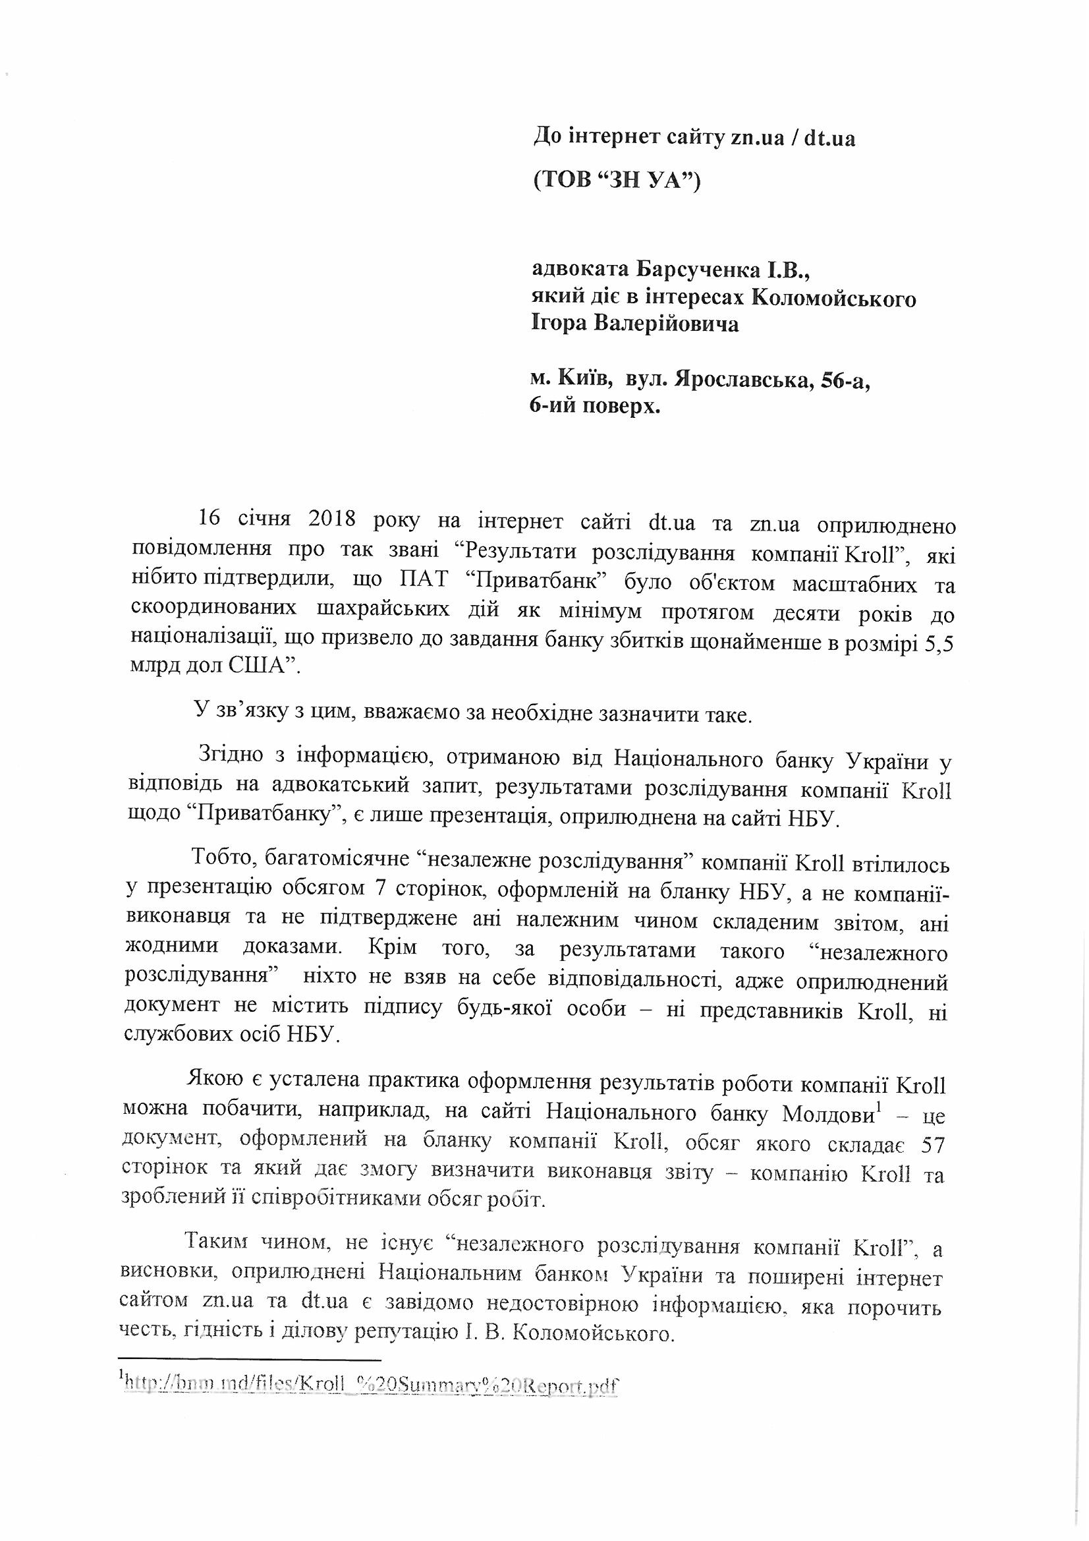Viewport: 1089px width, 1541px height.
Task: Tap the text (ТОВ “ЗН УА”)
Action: click(x=615, y=181)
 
